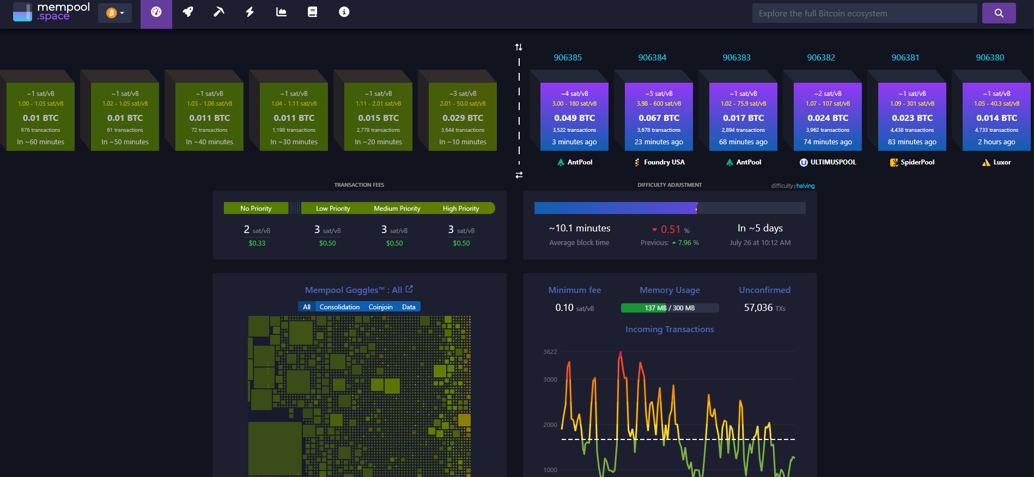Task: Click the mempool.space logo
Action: click(x=52, y=12)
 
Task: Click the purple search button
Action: click(x=999, y=13)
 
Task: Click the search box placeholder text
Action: click(x=823, y=14)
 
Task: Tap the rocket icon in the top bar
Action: click(x=188, y=12)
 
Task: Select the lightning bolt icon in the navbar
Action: click(x=250, y=12)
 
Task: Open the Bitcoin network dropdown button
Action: click(x=115, y=13)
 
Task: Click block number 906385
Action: click(x=568, y=58)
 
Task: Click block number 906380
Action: click(x=990, y=58)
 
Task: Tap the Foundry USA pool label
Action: click(x=659, y=162)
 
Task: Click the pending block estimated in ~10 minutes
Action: click(x=463, y=117)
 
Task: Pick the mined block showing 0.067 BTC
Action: click(x=659, y=117)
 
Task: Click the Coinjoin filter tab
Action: click(x=380, y=307)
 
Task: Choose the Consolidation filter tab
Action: click(x=339, y=307)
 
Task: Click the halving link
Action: click(x=805, y=186)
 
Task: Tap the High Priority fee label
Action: click(x=461, y=209)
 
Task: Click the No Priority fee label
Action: click(x=256, y=209)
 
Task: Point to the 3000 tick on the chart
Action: click(x=550, y=380)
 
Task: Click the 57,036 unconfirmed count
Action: click(x=758, y=308)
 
